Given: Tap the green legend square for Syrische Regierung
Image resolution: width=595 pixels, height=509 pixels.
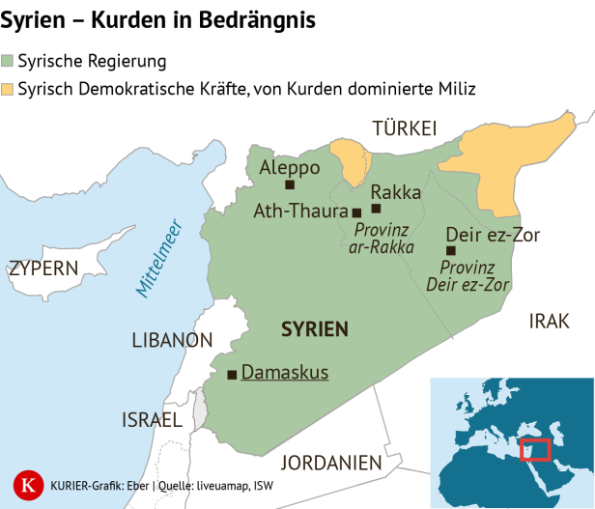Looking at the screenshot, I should [x=8, y=62].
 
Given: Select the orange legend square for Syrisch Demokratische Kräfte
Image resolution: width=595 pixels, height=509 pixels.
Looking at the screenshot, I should [x=8, y=89].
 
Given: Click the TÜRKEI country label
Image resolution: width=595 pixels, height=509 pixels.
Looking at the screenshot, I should [x=405, y=128].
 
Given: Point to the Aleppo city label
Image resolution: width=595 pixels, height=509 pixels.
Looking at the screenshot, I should [x=290, y=168].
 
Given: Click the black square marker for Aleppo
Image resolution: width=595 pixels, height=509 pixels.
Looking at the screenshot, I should [x=289, y=185].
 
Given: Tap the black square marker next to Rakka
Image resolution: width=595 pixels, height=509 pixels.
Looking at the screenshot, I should [x=376, y=209].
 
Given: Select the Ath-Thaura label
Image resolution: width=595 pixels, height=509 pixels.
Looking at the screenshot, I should [x=300, y=210].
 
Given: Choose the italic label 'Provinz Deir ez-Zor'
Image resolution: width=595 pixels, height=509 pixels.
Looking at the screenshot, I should [x=468, y=275].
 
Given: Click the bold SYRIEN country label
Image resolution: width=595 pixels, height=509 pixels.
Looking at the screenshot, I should [x=314, y=329].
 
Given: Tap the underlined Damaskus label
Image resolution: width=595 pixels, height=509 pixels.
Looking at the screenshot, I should [x=284, y=373].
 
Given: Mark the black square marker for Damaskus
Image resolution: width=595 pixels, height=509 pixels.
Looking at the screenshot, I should [x=231, y=375].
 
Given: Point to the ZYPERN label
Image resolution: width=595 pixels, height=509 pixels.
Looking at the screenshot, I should [x=42, y=269].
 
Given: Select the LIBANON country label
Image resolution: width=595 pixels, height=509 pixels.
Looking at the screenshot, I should [x=172, y=340].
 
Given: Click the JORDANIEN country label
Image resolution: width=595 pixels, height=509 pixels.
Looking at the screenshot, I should [x=326, y=463].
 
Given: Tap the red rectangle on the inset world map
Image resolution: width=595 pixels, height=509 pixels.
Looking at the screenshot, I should [x=534, y=449].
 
